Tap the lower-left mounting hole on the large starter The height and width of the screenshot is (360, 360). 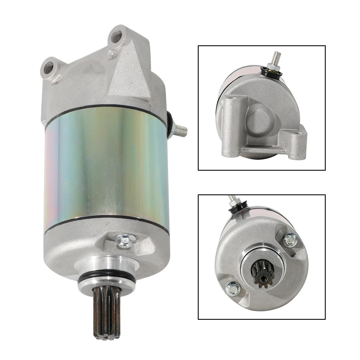tap(48, 67)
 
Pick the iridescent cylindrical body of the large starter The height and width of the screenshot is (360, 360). tap(106, 165)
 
